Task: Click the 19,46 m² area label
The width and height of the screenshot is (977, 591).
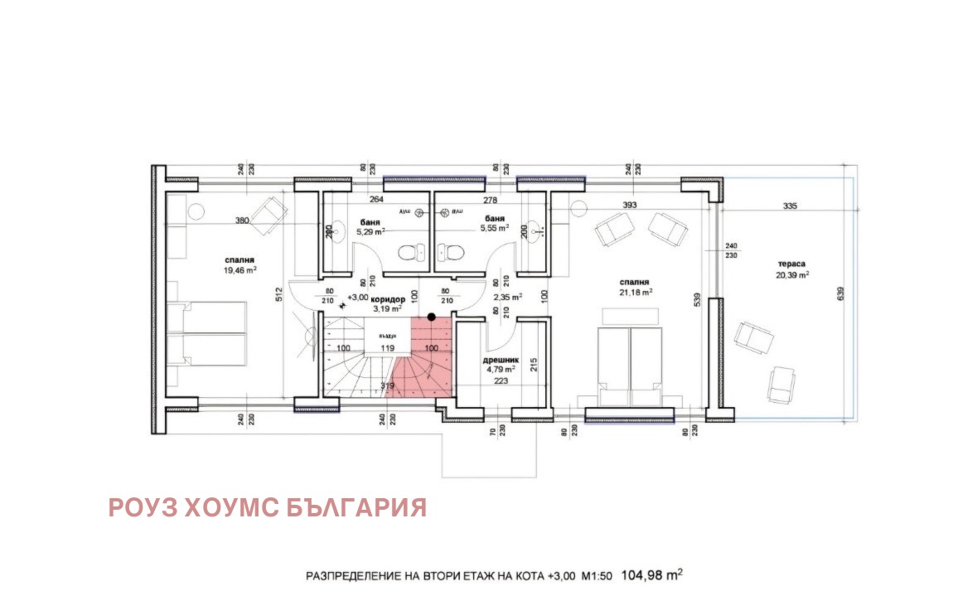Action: pos(239,270)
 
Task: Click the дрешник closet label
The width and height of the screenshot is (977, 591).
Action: pos(500,361)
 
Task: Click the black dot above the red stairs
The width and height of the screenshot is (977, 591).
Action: pos(431,317)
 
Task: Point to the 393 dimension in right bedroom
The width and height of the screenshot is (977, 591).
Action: pos(631,206)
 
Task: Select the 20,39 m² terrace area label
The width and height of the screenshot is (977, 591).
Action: pos(793,274)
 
